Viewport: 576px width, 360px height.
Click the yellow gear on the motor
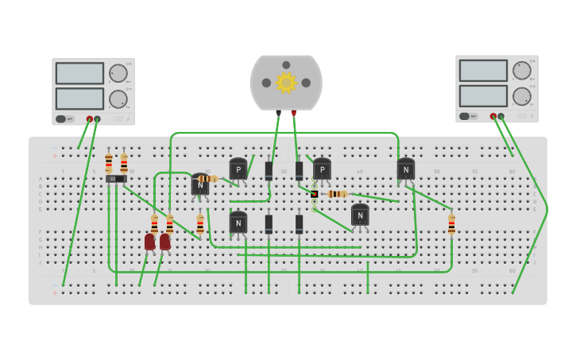[286, 83]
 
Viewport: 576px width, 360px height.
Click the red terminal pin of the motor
[294, 114]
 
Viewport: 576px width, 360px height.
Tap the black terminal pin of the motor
[278, 114]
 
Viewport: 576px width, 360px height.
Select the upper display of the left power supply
[79, 73]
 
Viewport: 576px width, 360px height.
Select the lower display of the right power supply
[483, 95]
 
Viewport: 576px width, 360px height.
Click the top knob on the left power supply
[118, 74]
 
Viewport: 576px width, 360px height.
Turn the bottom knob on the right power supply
[521, 96]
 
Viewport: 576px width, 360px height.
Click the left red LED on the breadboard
[150, 242]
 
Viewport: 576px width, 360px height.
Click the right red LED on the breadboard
[165, 242]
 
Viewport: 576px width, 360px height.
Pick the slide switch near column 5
[116, 179]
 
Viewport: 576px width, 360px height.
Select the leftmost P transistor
[238, 169]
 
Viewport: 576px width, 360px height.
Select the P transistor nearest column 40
[322, 169]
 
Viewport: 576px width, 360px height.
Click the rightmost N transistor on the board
[406, 169]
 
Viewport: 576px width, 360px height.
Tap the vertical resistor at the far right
[451, 224]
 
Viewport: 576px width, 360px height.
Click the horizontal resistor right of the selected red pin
[337, 194]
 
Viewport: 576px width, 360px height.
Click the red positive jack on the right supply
[493, 117]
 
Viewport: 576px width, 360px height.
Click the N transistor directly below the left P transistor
[238, 223]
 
